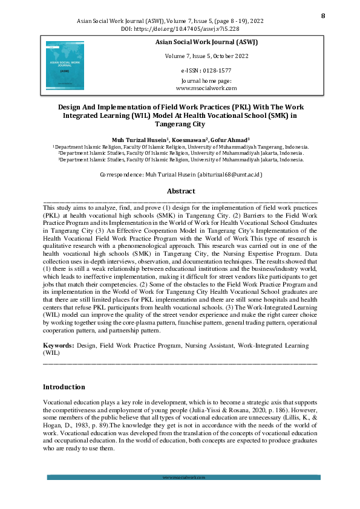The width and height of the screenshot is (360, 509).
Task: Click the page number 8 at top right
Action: pos(322,15)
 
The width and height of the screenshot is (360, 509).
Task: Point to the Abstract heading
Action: pos(180,190)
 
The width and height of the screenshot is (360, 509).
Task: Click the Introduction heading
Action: pos(64,387)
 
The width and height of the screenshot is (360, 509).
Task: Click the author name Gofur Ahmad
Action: pos(226,139)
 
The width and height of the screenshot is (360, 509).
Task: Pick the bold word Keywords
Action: pos(57,345)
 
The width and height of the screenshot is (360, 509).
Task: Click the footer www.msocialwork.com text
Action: pos(180,478)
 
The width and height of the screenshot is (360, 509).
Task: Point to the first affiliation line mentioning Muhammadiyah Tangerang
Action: pos(180,147)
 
